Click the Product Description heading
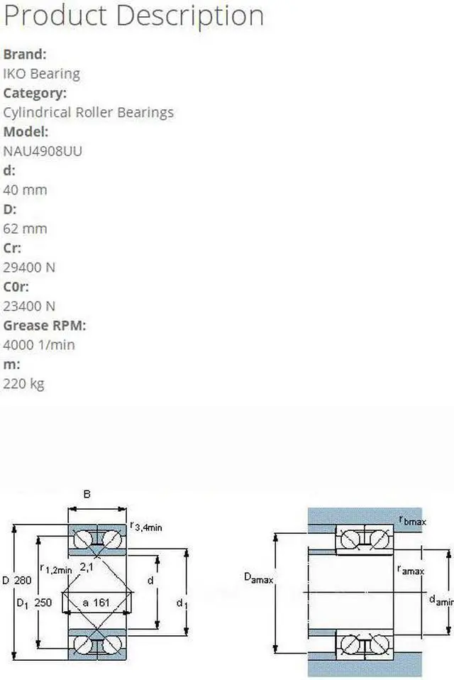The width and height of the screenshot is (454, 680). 134,16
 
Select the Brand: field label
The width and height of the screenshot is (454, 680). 25,54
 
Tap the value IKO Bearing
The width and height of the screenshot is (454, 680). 42,74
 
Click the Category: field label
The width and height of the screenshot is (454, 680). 35,93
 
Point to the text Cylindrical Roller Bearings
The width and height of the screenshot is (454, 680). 89,113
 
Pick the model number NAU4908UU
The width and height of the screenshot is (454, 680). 43,151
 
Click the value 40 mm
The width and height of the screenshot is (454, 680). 25,190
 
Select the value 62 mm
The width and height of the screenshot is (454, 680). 25,229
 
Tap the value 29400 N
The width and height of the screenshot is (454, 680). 29,268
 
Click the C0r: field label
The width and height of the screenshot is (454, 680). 16,287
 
